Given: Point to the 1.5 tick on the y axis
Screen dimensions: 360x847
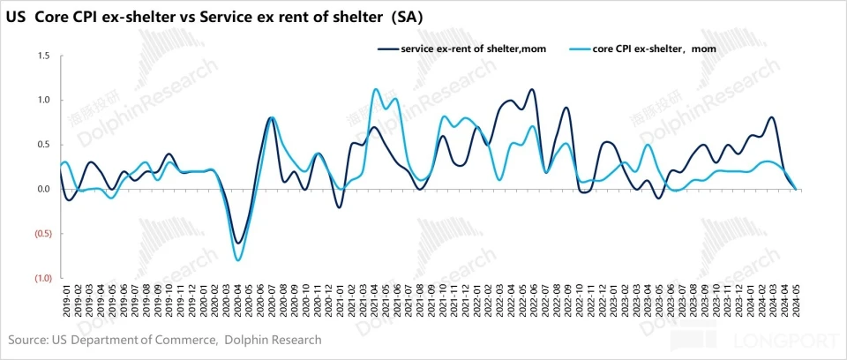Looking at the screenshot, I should [43, 56].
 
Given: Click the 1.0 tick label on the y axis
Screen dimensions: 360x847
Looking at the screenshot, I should [43, 100].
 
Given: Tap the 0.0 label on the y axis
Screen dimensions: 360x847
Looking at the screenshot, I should [43, 189].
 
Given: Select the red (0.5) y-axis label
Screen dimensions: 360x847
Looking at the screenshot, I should [41, 234].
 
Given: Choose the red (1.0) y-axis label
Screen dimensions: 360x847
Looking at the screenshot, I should [41, 279].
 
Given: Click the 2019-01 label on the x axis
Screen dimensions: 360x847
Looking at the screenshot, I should [64, 300].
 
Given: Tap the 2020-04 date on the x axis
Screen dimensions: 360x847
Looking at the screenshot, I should [236, 300].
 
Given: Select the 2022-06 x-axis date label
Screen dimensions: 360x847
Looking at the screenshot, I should [535, 300].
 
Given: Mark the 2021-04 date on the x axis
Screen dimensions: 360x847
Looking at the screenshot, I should [374, 300].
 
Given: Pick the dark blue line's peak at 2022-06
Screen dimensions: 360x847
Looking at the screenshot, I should [531, 89].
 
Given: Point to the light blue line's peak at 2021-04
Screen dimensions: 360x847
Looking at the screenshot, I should [376, 89].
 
